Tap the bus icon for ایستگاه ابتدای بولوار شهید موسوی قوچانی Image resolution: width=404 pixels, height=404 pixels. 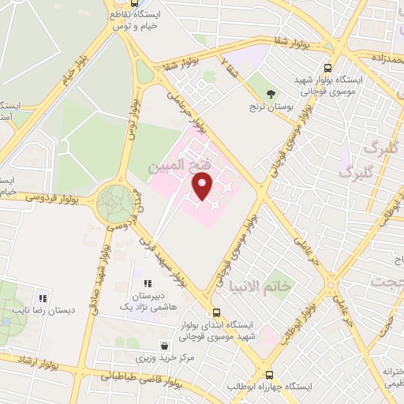tap(215, 312)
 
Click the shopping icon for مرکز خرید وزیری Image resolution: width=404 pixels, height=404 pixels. tap(163, 345)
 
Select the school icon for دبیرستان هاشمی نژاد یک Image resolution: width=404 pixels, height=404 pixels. tap(147, 283)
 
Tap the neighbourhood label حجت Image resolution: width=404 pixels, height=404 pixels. tap(387, 281)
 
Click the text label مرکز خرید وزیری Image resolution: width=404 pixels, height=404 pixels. tap(164, 359)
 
